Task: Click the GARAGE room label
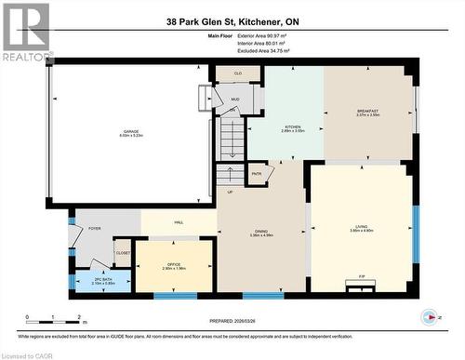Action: pos(130,133)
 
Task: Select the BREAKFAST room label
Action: pos(368,113)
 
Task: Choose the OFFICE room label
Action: pos(173,265)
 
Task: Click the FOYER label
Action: pos(94,228)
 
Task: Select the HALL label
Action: pos(178,222)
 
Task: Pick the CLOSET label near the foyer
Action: pos(123,252)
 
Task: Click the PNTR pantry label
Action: pos(257,173)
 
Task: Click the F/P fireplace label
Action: pos(361,276)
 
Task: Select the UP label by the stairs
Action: pos(230,192)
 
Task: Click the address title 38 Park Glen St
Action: pos(232,21)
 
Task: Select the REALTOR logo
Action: pos(25,33)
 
